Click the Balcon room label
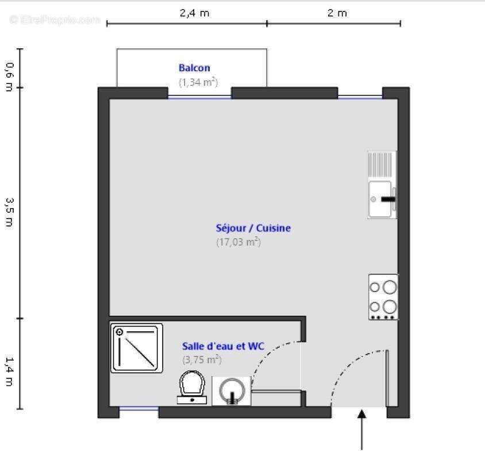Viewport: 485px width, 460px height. coord(194,68)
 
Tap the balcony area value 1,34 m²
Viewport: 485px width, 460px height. coord(198,82)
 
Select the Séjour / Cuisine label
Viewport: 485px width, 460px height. coord(253,228)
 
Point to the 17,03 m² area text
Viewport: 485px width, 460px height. coord(238,242)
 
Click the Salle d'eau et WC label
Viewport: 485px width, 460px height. coord(223,346)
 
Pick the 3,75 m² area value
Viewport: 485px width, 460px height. coord(202,360)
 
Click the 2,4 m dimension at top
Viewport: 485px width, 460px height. coord(194,13)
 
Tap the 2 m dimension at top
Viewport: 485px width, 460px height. coord(337,13)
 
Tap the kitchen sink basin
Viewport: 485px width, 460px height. coord(380,199)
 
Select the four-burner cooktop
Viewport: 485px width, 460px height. coord(383,297)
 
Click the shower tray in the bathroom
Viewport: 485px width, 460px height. coord(137,347)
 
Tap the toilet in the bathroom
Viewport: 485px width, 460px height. coord(191,386)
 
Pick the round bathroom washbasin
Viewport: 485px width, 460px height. coord(232,390)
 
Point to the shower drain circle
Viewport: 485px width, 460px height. coord(120,332)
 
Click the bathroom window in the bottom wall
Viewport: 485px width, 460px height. coord(138,409)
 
